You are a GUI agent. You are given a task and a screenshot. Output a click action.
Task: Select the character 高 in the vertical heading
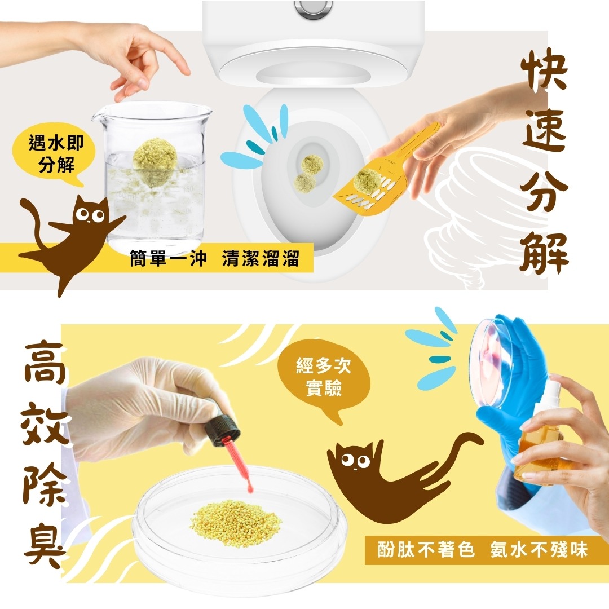coord(44,363)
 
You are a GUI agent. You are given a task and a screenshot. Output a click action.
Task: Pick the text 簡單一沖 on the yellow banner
coord(168,258)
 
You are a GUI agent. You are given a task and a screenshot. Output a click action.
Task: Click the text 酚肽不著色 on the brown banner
coord(426,550)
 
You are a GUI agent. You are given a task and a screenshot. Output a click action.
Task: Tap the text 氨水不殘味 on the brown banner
coord(539,550)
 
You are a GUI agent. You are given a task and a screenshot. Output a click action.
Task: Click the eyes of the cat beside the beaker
coord(90,214)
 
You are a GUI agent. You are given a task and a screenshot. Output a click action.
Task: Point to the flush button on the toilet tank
coord(313,8)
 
